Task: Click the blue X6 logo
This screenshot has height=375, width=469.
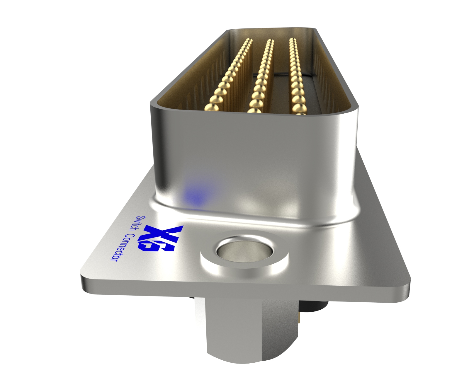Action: pyautogui.click(x=161, y=238)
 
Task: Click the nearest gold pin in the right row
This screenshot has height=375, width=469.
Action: pyautogui.click(x=299, y=110)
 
